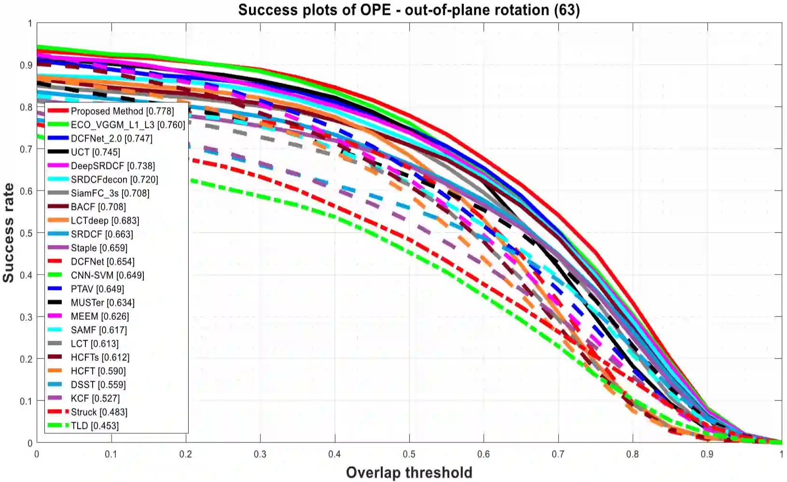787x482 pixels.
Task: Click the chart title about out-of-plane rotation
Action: [x=409, y=10]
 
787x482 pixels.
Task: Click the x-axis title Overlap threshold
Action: [x=409, y=473]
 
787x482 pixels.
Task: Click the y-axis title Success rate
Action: [x=9, y=233]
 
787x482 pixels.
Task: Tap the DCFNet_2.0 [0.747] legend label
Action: [x=111, y=138]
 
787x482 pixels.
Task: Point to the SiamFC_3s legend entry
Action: [x=110, y=193]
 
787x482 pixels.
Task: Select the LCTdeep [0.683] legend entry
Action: [x=105, y=220]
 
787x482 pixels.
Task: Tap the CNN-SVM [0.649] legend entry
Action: [x=107, y=275]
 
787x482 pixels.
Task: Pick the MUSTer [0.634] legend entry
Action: [x=102, y=303]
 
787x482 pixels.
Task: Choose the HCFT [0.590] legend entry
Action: [x=98, y=371]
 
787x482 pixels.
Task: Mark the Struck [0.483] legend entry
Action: [x=99, y=412]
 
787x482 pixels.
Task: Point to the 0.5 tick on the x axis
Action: [x=409, y=454]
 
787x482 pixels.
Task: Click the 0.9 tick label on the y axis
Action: [x=26, y=65]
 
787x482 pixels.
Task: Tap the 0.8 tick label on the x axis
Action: [x=633, y=454]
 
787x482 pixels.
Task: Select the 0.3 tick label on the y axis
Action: [x=26, y=317]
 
